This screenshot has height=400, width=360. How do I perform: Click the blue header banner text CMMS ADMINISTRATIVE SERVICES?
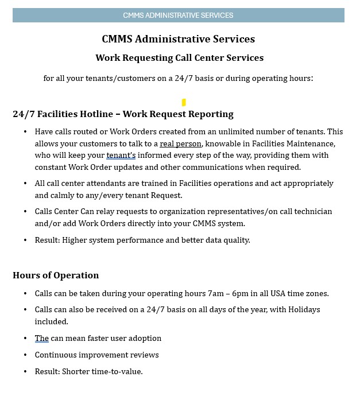178,15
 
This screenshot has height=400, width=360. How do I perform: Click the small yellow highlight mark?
184,103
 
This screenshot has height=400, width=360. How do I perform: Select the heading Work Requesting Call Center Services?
179,57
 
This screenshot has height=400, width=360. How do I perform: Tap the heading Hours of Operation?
56,275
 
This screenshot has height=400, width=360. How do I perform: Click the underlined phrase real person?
180,143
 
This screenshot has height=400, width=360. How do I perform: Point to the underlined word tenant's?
121,155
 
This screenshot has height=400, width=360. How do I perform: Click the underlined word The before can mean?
41,338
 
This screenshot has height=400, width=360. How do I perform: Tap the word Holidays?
303,309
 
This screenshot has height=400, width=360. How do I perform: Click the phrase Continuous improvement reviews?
96,355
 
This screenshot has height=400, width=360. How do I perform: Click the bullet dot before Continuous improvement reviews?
25,355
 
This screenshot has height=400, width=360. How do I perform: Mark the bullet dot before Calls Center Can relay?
25,211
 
